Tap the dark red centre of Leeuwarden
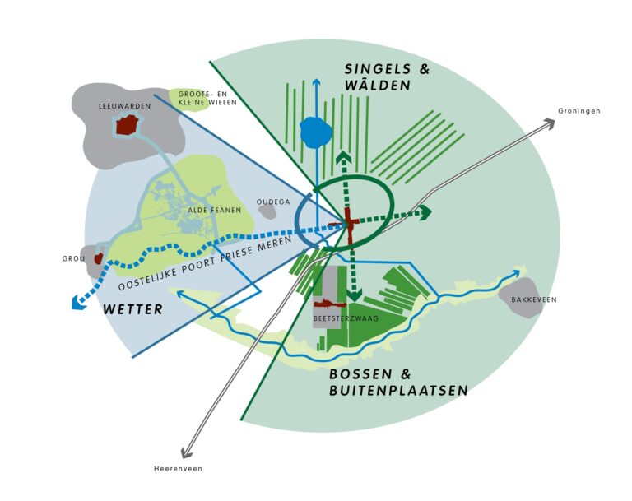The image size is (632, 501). (126, 125)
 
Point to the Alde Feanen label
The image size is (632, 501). (215, 210)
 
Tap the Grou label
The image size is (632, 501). (74, 258)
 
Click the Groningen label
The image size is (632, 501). (579, 111)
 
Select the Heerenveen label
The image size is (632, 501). (178, 469)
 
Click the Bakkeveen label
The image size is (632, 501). (535, 299)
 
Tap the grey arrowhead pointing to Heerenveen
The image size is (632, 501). (187, 451)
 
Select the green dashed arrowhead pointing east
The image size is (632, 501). (425, 212)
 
